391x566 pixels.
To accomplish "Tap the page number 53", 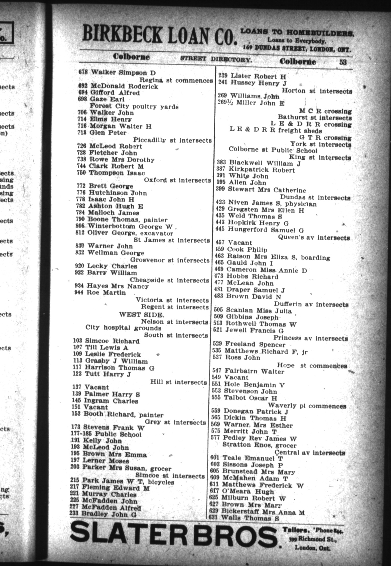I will click(x=343, y=62).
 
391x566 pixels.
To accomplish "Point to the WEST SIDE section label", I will click(x=141, y=315).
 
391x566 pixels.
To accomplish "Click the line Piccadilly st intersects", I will click(x=172, y=140).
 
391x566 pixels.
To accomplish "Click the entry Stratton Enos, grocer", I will click(x=259, y=445).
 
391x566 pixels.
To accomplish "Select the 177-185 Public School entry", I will click(x=106, y=434).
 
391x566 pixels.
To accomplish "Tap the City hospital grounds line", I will click(x=123, y=328).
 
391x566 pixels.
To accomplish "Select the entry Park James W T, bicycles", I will click(x=122, y=481).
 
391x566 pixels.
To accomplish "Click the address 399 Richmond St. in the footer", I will click(x=311, y=539).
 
